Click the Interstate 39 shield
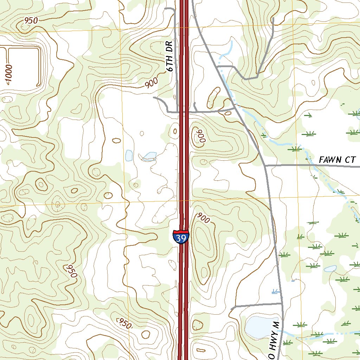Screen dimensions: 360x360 coord(181,238)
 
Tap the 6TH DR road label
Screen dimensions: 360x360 coord(170,56)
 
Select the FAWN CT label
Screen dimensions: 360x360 coord(337,160)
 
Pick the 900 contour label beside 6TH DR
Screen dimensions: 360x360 coord(151,83)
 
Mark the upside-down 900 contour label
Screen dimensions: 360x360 coord(200,135)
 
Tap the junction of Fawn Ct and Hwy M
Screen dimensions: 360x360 coord(265,165)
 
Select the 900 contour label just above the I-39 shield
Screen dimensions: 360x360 coord(203,218)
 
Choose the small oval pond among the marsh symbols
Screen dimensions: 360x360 coord(330,269)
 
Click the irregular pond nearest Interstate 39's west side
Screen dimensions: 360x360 coord(150,156)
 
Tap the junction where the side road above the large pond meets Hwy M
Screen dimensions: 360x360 coord(282,303)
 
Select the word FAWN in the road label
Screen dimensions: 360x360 coord(329,160)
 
